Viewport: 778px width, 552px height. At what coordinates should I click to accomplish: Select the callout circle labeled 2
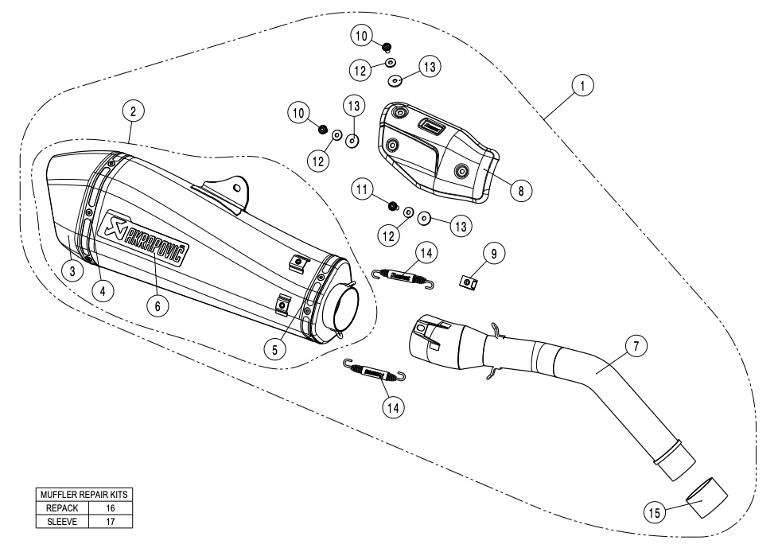[x=134, y=112]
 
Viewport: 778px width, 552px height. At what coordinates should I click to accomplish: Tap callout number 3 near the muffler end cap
[x=72, y=271]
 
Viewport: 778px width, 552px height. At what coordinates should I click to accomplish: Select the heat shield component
[x=436, y=151]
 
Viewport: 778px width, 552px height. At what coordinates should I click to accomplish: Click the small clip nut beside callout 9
[x=470, y=280]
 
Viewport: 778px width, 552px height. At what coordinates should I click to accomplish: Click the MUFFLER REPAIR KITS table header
[x=84, y=495]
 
